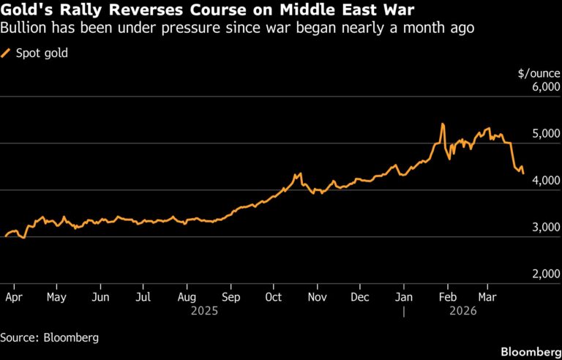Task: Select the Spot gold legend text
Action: [42, 53]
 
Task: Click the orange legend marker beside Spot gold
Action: [7, 53]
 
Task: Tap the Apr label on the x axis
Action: [12, 297]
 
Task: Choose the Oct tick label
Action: [273, 297]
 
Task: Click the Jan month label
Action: [402, 297]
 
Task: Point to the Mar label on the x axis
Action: [486, 297]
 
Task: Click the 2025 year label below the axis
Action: [204, 311]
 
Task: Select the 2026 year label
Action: [463, 311]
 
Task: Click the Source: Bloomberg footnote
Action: [50, 337]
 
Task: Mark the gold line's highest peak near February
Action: [443, 124]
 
